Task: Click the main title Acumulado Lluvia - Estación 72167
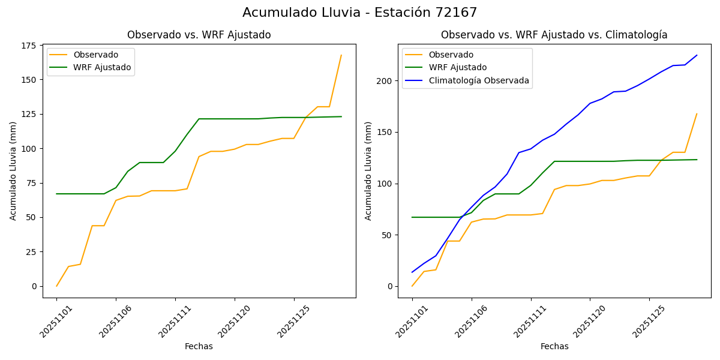coord(360,13)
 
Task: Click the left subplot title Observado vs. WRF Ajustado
coord(199,35)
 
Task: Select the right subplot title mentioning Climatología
coord(554,35)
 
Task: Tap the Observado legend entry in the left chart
coord(95,55)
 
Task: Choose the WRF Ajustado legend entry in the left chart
coord(102,67)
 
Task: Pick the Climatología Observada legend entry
coord(478,80)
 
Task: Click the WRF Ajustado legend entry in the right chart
coord(457,68)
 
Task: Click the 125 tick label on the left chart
coord(29,114)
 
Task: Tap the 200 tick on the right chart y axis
coord(385,81)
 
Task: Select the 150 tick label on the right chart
coord(385,133)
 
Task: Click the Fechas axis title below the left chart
coord(199,346)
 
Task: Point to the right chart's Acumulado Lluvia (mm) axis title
coord(368,171)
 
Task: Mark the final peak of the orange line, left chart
coord(341,55)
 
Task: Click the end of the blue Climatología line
coord(697,55)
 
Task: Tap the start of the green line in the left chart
coord(56,194)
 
